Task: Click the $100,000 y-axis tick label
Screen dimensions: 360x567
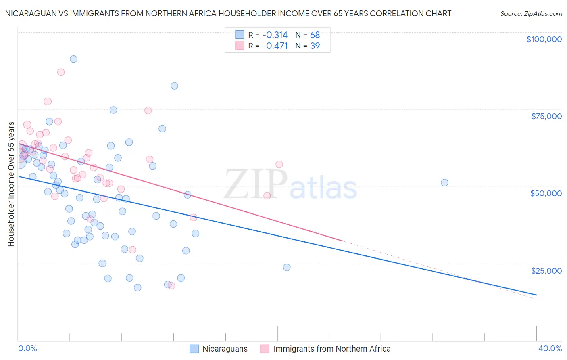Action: [x=544, y=39]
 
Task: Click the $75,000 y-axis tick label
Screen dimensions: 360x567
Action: [x=546, y=116]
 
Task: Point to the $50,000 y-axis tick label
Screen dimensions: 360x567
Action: [x=546, y=193]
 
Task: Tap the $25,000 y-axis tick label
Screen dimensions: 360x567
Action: [x=546, y=270]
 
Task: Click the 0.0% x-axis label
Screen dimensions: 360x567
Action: [x=27, y=348]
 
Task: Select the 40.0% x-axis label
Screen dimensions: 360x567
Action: [x=550, y=348]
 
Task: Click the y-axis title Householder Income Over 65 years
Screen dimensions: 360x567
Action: [x=11, y=184]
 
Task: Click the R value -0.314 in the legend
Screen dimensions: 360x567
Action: [x=275, y=35]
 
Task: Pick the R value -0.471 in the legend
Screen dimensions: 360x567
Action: [x=275, y=46]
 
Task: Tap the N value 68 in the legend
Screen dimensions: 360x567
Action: [x=315, y=35]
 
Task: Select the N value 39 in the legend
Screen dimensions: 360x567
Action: [x=315, y=46]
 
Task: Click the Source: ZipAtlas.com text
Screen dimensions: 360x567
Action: [x=531, y=14]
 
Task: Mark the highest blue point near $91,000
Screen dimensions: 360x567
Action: [x=73, y=59]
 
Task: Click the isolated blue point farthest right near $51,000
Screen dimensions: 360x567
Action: [x=444, y=182]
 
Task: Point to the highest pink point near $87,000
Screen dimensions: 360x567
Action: [x=61, y=72]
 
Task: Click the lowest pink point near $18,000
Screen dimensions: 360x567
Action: [x=171, y=285]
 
